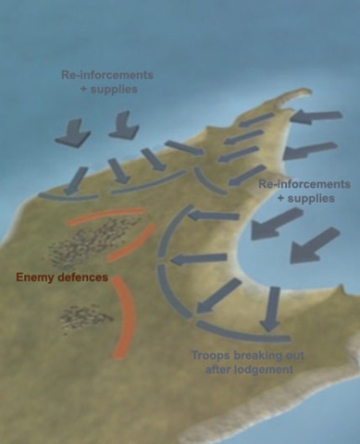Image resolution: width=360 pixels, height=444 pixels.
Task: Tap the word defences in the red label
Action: [x=83, y=277]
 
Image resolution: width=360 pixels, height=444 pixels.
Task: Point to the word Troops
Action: [x=211, y=355]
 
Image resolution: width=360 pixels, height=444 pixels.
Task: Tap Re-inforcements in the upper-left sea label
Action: [x=107, y=75]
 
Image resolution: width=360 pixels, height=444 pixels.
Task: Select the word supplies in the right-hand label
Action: [x=311, y=198]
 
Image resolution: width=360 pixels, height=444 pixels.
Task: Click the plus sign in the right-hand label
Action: [x=280, y=198]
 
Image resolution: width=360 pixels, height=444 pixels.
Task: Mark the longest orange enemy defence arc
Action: [x=123, y=317]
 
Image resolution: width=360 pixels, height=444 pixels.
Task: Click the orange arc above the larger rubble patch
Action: [x=106, y=216]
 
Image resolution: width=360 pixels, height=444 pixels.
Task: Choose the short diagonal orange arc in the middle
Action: [x=131, y=243]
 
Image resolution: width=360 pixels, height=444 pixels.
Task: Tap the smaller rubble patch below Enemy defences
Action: [x=85, y=317]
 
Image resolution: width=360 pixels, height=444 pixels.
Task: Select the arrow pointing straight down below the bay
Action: [x=271, y=309]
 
